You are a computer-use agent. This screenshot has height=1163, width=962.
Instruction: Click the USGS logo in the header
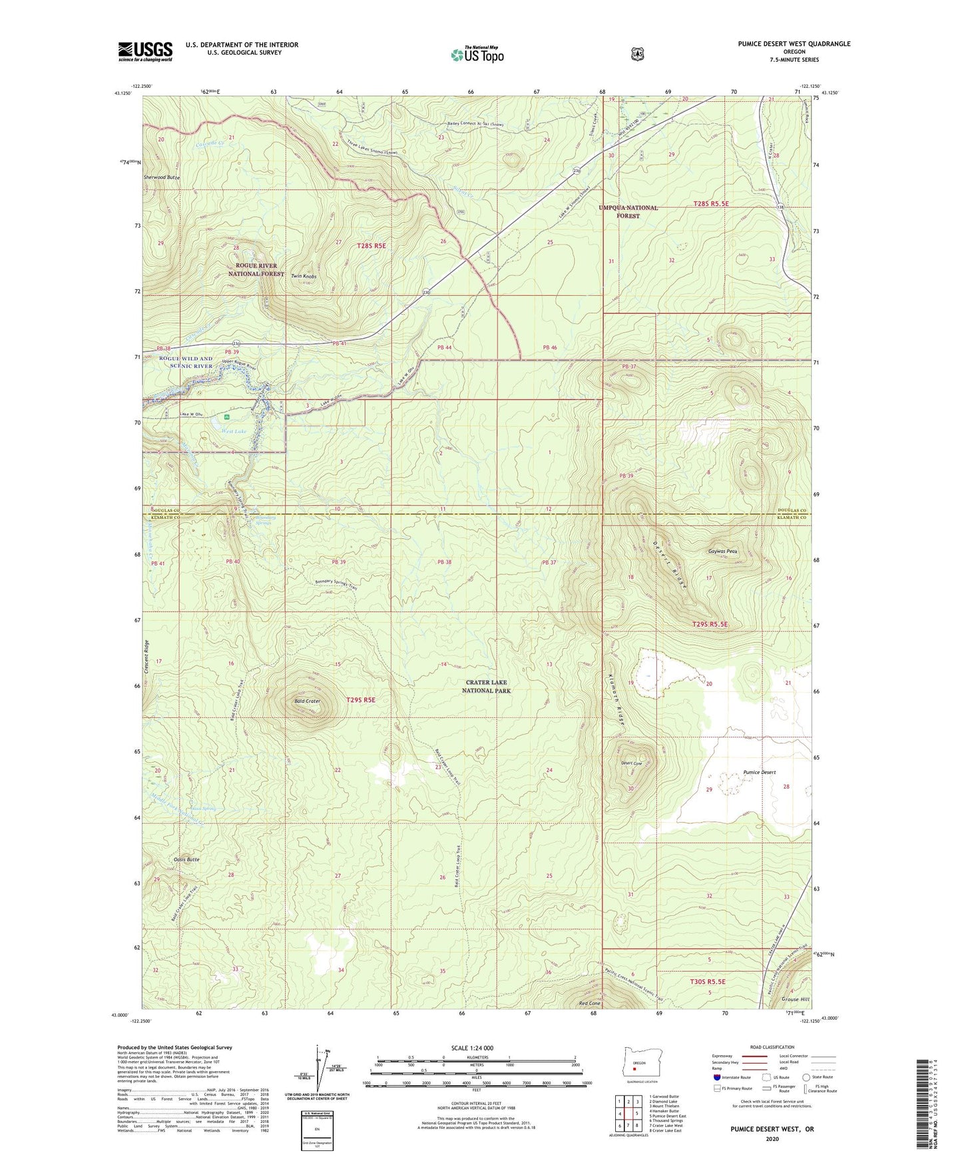point(145,51)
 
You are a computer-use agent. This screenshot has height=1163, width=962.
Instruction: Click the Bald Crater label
point(308,701)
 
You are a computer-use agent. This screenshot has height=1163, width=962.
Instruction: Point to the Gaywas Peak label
point(722,552)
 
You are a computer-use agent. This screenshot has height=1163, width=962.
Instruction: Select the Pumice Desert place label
point(759,773)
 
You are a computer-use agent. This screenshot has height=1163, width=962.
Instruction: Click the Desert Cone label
point(630,764)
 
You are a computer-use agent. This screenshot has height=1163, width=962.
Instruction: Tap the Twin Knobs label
point(304,276)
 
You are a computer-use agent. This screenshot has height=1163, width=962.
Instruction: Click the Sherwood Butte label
point(161,179)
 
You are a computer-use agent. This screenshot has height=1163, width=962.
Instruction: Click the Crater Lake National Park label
point(486,687)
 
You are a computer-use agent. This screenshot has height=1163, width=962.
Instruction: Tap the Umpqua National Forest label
point(628,212)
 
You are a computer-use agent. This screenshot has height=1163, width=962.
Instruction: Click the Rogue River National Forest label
point(256,270)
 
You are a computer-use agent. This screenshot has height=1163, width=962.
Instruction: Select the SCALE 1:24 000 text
point(472,1048)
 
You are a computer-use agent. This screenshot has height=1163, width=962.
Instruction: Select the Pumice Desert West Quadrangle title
point(794,44)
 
